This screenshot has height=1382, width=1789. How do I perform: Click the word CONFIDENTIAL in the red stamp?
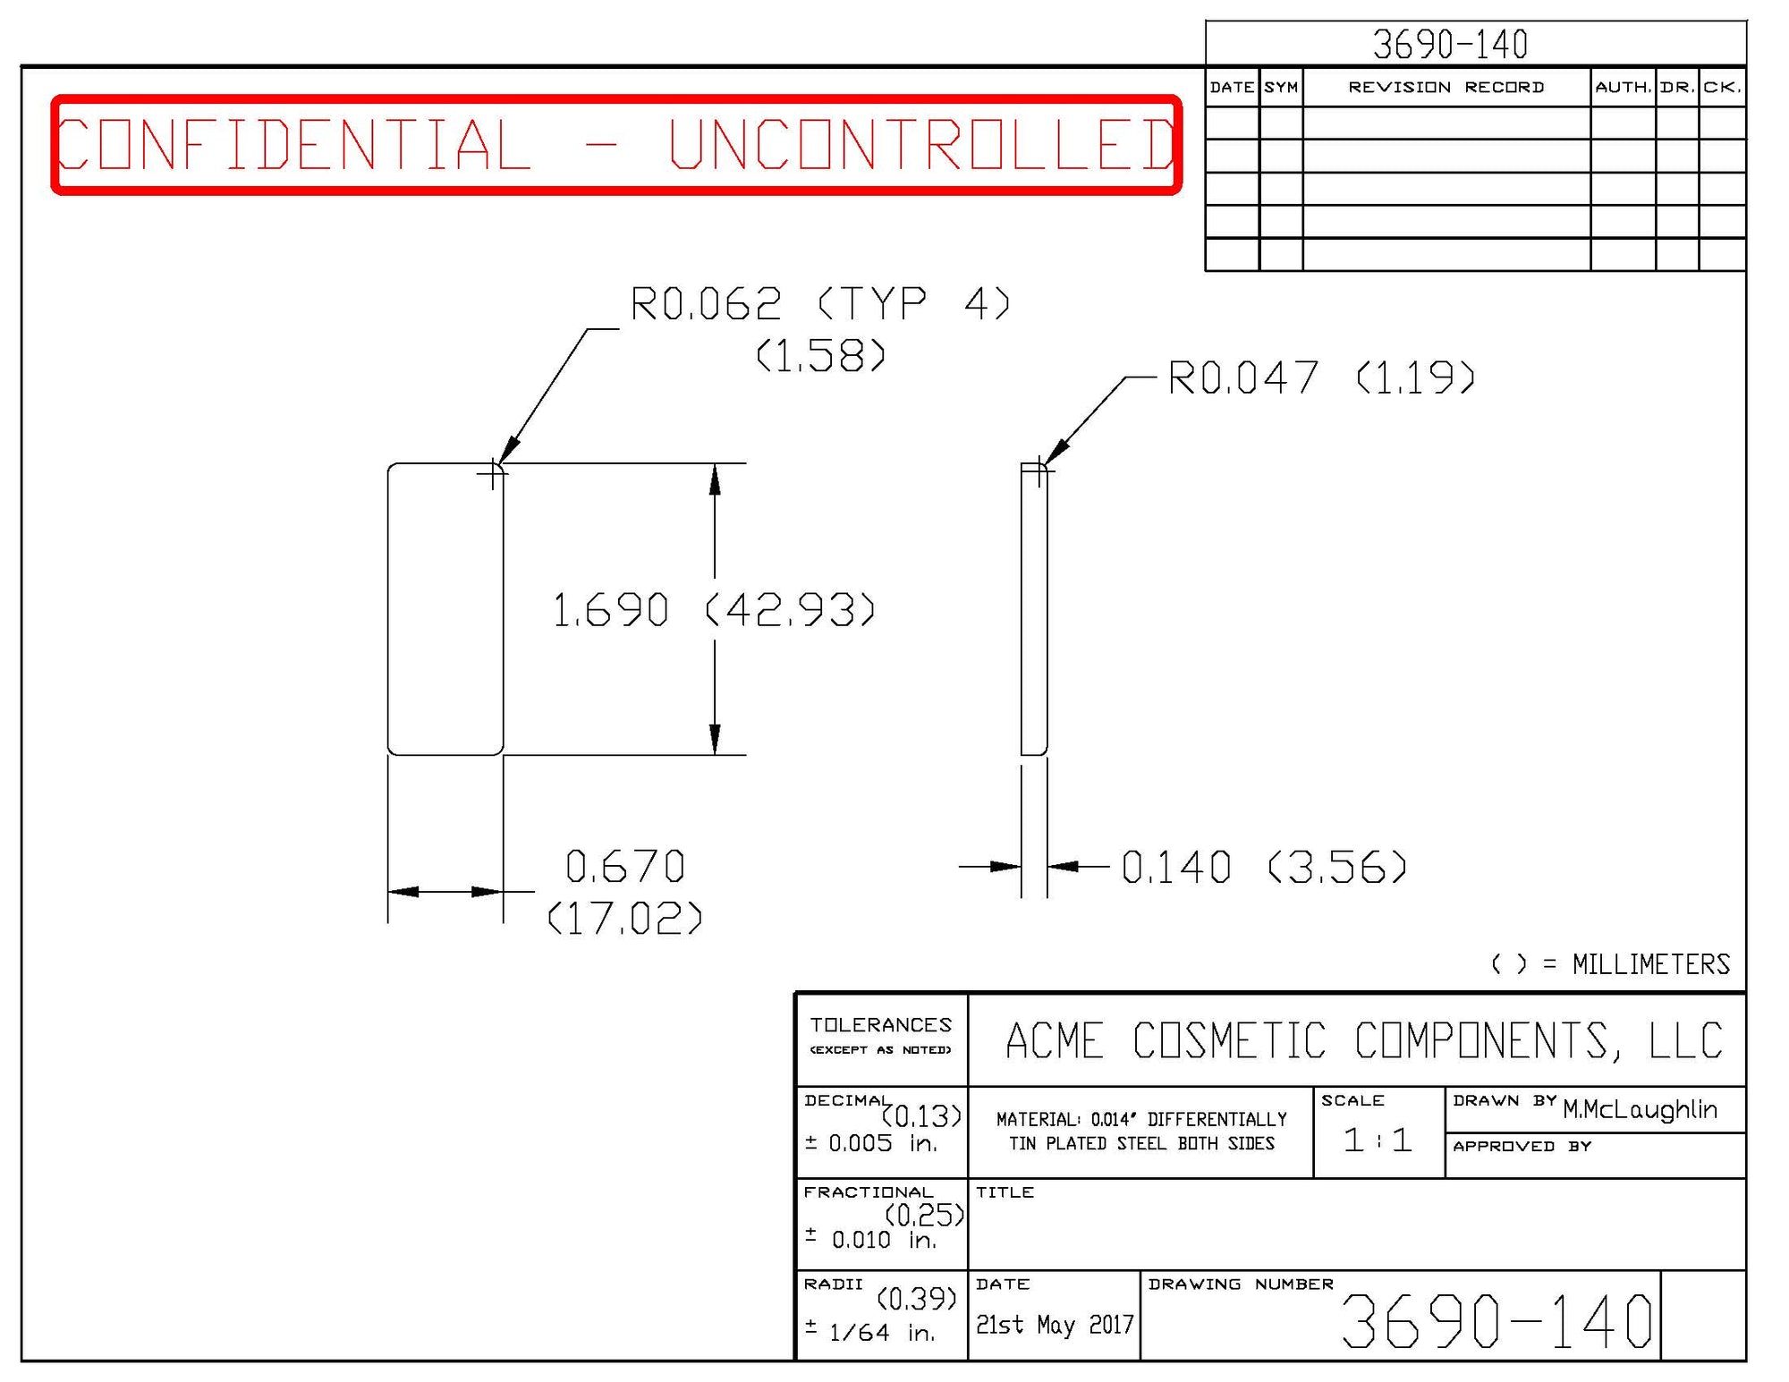tap(293, 145)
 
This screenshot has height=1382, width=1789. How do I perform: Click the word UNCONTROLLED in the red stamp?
tap(921, 145)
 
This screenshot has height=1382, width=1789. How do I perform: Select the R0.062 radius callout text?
tap(707, 304)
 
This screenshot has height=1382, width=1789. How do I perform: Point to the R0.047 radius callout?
tap(1243, 377)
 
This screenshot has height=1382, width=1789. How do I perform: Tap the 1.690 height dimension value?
tap(611, 611)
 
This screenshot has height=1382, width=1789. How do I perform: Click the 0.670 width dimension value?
tap(625, 867)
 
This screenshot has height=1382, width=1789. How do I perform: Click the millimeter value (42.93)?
tap(791, 611)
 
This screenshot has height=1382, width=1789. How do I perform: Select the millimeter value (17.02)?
tap(625, 919)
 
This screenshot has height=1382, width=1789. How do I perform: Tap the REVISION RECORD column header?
tap(1446, 88)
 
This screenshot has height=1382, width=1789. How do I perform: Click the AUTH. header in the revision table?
tap(1623, 88)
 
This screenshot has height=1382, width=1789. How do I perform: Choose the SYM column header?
tap(1281, 88)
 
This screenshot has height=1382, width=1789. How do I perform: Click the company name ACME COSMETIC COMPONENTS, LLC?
tap(1364, 1040)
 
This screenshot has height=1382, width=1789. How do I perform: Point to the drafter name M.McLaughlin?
tap(1640, 1110)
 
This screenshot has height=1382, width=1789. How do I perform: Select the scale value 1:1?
tap(1378, 1140)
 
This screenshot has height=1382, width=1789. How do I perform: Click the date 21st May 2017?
tap(1055, 1325)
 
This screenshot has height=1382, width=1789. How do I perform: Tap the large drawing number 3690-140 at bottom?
tap(1496, 1322)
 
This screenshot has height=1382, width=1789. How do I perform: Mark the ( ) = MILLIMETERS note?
tap(1610, 964)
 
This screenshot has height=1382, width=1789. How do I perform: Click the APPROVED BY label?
tap(1522, 1147)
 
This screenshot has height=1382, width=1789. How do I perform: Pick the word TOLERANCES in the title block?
tap(881, 1025)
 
